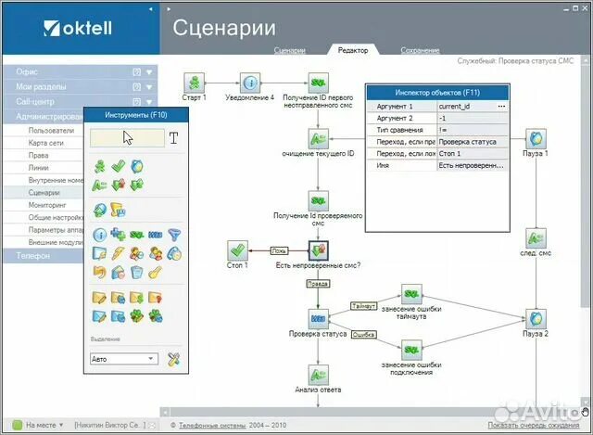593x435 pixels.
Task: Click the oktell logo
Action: coord(77,27)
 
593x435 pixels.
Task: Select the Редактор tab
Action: coord(352,50)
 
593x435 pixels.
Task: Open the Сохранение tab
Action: coord(420,50)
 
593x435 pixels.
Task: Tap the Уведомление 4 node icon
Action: coord(250,81)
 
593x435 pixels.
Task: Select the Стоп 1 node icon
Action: coord(238,249)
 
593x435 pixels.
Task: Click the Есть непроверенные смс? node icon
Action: coord(319,249)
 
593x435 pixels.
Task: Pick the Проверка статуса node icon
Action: coord(318,318)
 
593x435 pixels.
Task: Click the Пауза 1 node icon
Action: coord(535,138)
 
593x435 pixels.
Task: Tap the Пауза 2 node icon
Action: coord(535,318)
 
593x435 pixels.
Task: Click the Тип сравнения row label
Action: coord(398,130)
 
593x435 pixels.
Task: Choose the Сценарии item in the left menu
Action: coord(44,192)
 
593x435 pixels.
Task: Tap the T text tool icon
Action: coord(173,138)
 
